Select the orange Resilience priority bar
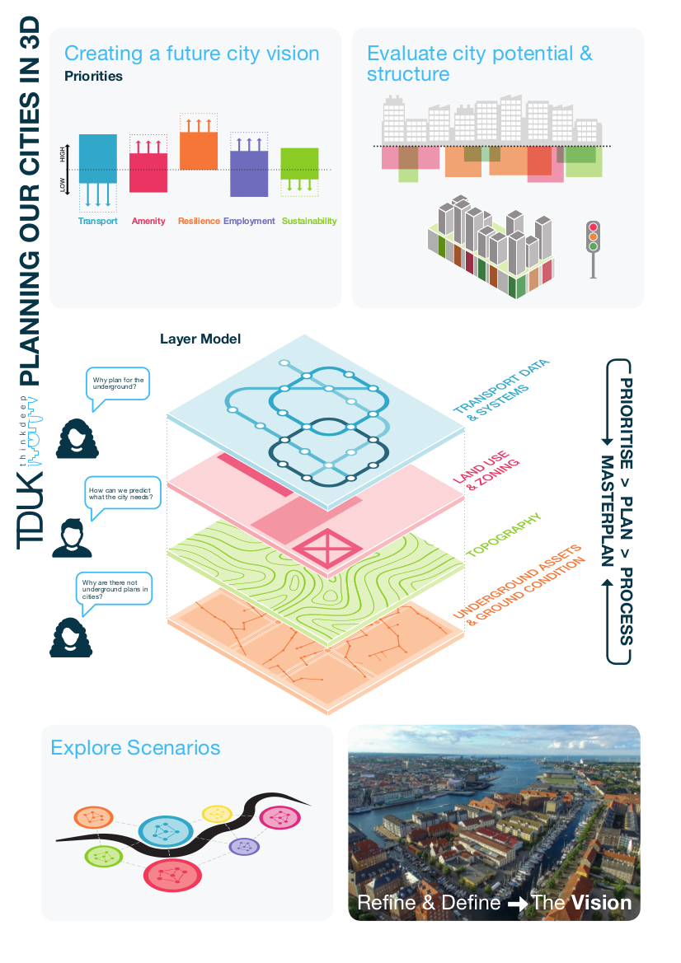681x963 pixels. pyautogui.click(x=199, y=151)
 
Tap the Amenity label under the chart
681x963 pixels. pyautogui.click(x=148, y=221)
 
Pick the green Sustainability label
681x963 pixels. pyautogui.click(x=309, y=221)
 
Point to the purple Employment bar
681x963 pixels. pyautogui.click(x=248, y=173)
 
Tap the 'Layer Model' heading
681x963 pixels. pyautogui.click(x=200, y=339)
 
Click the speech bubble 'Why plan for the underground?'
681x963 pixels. pyautogui.click(x=118, y=385)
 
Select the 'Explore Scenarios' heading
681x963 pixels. pyautogui.click(x=135, y=748)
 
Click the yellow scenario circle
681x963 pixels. pyautogui.click(x=217, y=814)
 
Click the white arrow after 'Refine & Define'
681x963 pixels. pyautogui.click(x=517, y=904)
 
